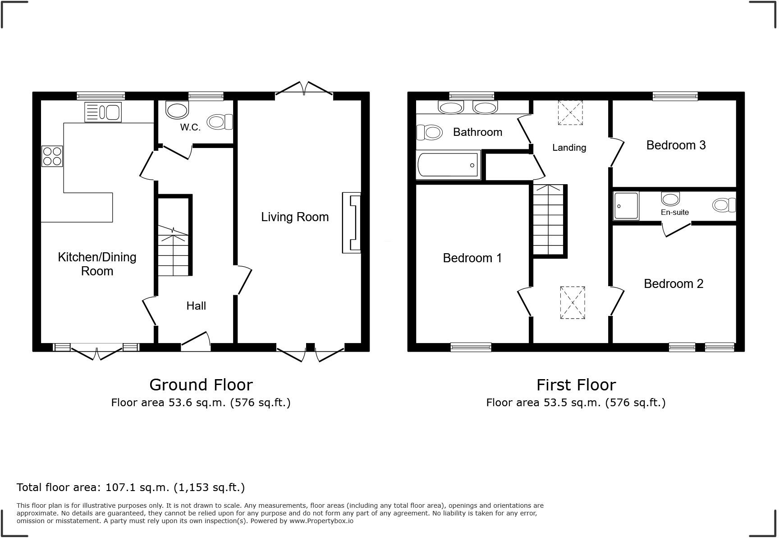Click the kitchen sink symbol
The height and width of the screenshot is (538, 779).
[103, 112]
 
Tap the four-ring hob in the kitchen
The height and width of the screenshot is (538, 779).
[52, 156]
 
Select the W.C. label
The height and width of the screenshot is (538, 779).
[190, 127]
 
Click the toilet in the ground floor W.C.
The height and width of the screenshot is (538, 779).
[220, 122]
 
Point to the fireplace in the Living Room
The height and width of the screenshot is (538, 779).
[352, 223]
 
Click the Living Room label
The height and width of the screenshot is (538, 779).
[295, 217]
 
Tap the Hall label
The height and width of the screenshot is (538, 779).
[196, 306]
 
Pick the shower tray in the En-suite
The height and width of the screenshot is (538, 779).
[626, 206]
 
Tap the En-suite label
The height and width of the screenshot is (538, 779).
[674, 212]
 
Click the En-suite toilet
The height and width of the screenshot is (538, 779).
[724, 205]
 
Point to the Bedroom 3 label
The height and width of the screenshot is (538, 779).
[676, 145]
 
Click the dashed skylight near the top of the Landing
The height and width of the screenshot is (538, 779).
[570, 112]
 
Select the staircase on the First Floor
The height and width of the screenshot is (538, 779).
[548, 220]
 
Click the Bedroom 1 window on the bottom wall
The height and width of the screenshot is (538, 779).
[471, 347]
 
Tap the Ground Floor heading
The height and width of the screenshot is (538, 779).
[201, 385]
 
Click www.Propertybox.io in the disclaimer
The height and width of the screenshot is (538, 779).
[321, 521]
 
